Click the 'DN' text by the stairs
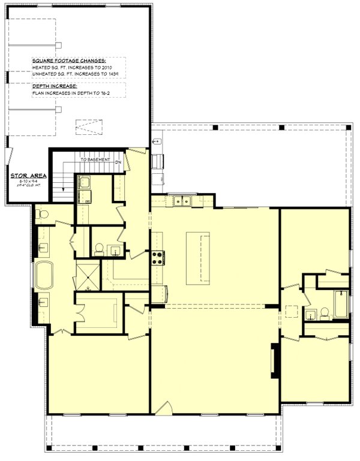click(x=118, y=161)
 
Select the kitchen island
click(x=198, y=258)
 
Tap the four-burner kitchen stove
click(x=157, y=258)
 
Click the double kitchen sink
click(x=180, y=202)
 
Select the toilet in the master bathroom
click(x=41, y=212)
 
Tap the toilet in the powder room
click(x=98, y=248)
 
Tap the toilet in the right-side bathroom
click(x=325, y=312)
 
